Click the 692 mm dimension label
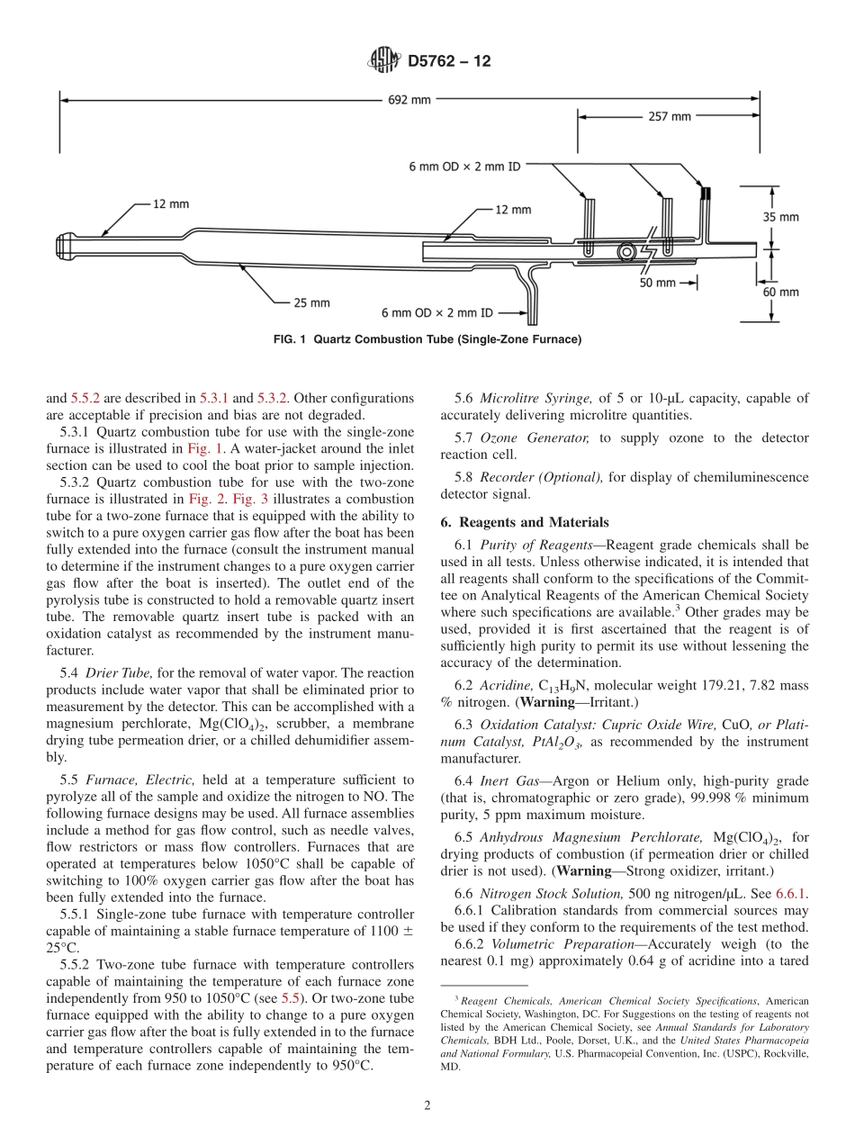pos(409,100)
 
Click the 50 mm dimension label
pos(657,283)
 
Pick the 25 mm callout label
pos(311,302)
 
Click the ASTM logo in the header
pos(384,61)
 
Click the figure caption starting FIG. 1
pos(427,339)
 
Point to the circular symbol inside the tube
pos(625,253)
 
